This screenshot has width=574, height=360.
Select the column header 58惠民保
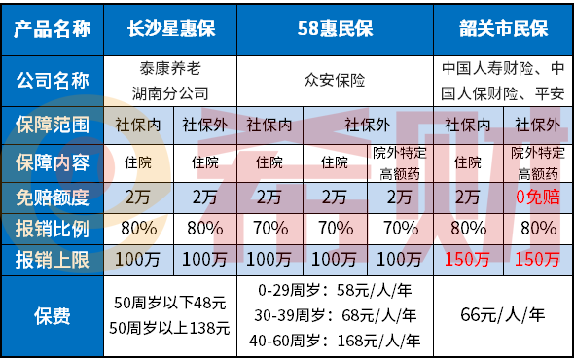[x=334, y=29]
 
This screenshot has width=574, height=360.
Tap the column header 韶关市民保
[x=503, y=29]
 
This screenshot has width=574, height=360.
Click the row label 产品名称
[x=54, y=29]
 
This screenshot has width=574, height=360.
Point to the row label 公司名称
[x=54, y=84]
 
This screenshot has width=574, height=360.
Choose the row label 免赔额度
[x=54, y=198]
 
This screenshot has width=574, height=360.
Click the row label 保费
[x=54, y=316]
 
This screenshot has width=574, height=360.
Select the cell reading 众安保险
[x=334, y=84]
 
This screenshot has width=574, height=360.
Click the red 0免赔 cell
[x=536, y=198]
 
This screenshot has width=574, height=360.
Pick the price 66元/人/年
[x=503, y=316]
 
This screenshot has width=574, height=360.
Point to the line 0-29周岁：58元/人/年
[x=334, y=292]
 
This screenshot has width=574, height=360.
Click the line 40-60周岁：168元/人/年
[x=334, y=341]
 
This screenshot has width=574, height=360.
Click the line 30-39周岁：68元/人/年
[x=334, y=316]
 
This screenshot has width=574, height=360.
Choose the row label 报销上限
[x=54, y=260]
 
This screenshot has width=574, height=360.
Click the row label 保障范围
[x=54, y=125]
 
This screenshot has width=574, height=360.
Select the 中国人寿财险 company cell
[x=503, y=84]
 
